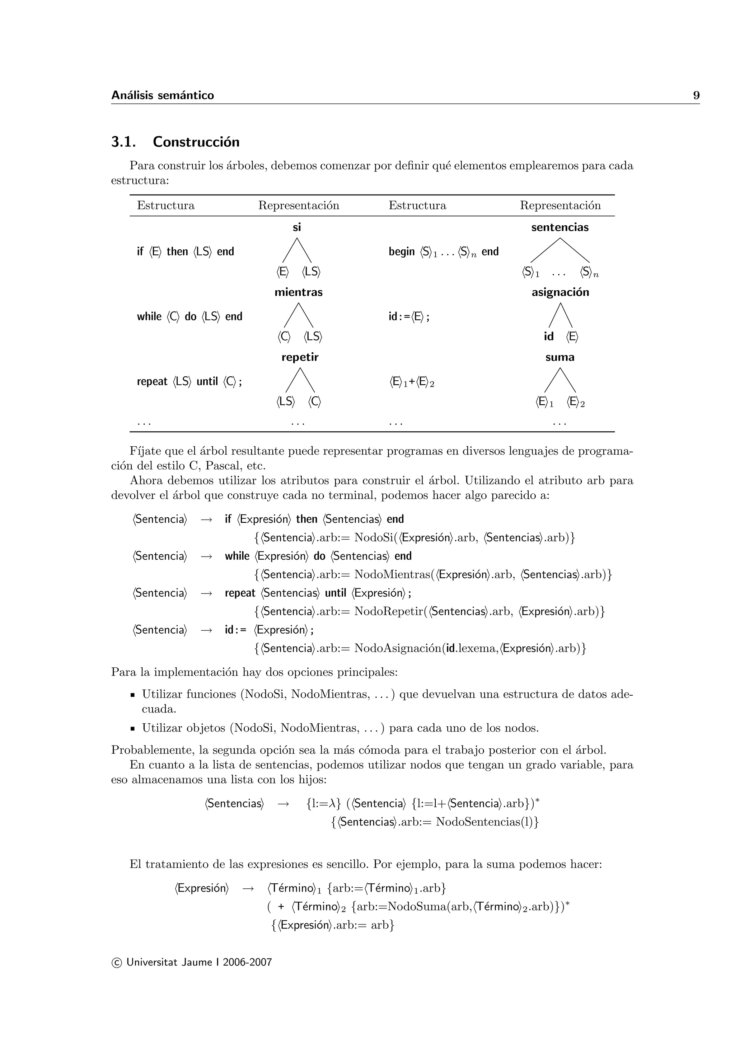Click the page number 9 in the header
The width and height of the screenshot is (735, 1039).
[696, 95]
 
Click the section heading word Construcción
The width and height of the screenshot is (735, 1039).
[196, 142]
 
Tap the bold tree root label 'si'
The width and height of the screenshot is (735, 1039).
[296, 227]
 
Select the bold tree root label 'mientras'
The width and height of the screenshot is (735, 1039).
[298, 292]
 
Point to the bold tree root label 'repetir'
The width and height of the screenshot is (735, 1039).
[300, 357]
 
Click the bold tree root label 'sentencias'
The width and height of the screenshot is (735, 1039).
[560, 227]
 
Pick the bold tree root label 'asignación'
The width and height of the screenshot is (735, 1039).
[560, 292]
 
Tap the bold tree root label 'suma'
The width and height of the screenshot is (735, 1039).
[560, 357]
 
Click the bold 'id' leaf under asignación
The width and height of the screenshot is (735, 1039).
[548, 337]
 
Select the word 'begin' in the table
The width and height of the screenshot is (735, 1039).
[402, 251]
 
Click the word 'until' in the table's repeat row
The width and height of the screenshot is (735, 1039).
[207, 381]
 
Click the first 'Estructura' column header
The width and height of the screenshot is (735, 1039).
[166, 206]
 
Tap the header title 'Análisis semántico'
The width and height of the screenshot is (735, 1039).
[163, 95]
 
